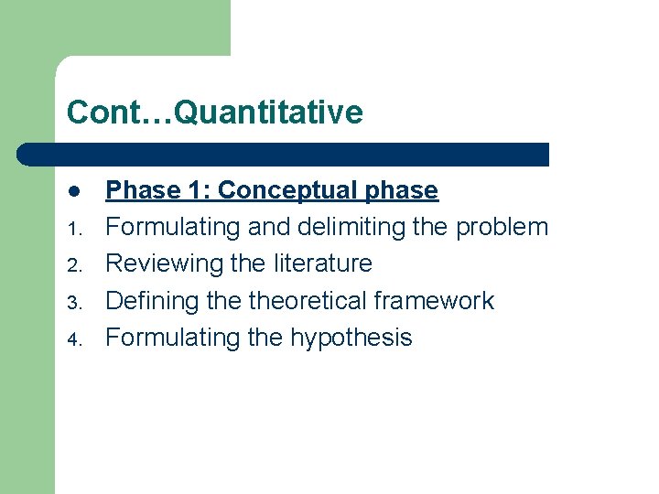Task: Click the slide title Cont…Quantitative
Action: coord(214,113)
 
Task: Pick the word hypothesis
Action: coord(351,338)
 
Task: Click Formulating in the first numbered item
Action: coord(174,227)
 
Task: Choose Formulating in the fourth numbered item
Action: coord(174,338)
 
